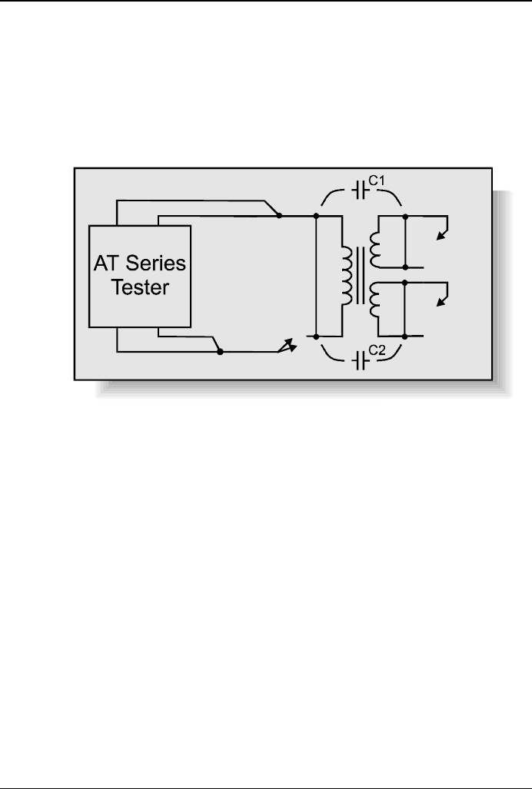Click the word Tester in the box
(140, 287)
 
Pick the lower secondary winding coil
(376, 300)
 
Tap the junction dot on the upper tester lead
(279, 216)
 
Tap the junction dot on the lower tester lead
(221, 352)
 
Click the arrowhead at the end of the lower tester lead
(287, 347)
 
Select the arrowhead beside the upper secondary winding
(441, 236)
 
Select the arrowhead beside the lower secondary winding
(441, 303)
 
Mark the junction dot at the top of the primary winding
(317, 216)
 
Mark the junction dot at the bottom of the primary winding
(317, 336)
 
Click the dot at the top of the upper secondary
(405, 216)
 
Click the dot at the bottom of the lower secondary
(405, 336)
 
